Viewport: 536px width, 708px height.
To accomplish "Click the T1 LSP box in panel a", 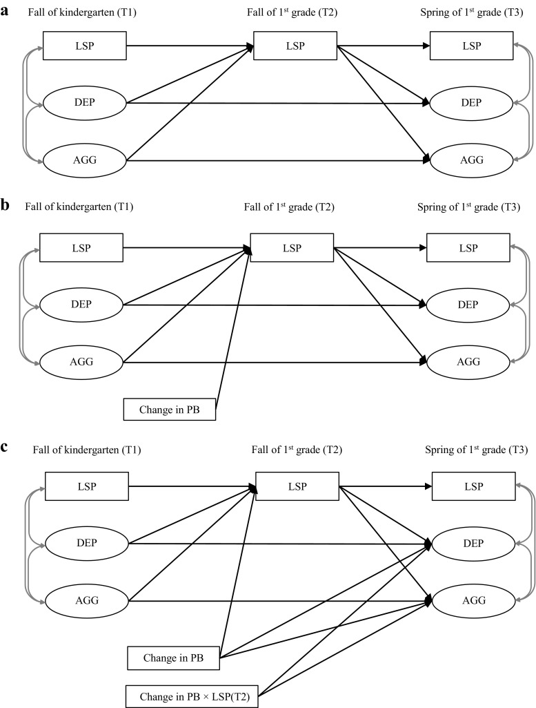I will click(x=84, y=45).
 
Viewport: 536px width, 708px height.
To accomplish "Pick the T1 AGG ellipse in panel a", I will click(x=84, y=161).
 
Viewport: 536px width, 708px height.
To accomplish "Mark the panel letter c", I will click(x=6, y=446).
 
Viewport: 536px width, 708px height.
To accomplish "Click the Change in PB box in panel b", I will click(x=170, y=408).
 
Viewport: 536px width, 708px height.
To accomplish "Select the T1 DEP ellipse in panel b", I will click(x=81, y=304).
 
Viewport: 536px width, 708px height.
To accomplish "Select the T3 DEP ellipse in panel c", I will click(x=473, y=544).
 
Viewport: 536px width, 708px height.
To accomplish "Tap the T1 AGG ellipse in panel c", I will click(x=87, y=600).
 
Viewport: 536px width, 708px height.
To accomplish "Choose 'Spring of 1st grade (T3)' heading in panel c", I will click(x=475, y=450).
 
